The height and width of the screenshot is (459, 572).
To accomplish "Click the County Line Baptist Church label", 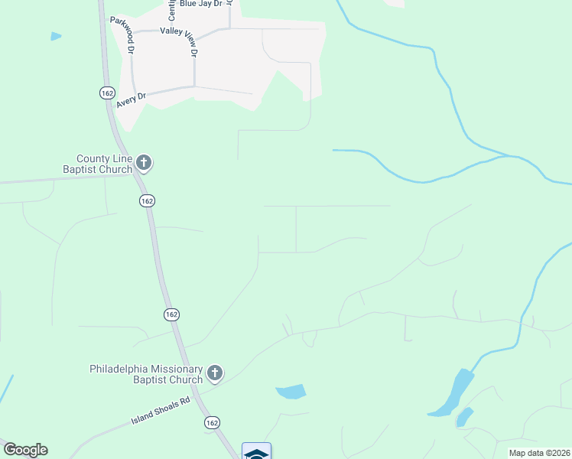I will coord(99,163).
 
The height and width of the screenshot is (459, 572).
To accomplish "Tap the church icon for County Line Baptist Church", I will coord(145,163).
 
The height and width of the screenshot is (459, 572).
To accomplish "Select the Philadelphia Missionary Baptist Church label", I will coord(146,373).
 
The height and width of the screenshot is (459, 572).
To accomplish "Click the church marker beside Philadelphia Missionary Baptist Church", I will coord(216,373).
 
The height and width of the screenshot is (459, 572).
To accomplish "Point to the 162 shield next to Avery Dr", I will coord(106,93).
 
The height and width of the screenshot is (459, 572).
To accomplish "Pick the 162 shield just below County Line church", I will coord(148,200).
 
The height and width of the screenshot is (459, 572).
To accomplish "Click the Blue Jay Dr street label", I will coord(200,4).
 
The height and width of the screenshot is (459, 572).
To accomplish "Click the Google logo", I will coord(26,449).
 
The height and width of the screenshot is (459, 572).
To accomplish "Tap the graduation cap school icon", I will coord(256,453).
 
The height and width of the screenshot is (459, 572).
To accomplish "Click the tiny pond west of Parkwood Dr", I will coord(56,36).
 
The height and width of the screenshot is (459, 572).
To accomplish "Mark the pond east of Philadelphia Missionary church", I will coord(291,392).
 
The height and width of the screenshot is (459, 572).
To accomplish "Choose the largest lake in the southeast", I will coord(456,392).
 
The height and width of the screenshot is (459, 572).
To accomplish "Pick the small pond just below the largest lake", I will coord(463,418).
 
